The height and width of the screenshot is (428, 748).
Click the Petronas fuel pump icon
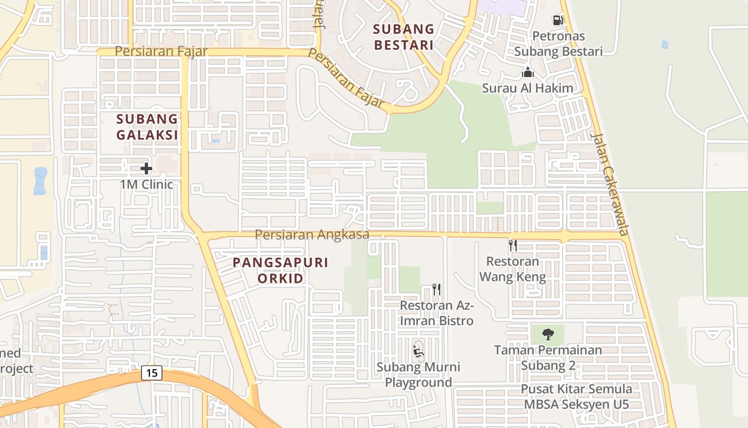(x=558, y=20)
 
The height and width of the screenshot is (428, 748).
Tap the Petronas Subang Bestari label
(x=558, y=44)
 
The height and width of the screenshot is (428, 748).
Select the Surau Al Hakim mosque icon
(x=528, y=72)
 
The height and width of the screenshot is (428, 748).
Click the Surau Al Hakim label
(x=527, y=88)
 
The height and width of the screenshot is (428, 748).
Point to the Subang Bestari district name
(x=403, y=36)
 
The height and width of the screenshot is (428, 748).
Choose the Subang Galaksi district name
(x=147, y=127)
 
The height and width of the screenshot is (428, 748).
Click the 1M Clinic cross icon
(x=146, y=169)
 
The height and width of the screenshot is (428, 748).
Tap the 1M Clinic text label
(x=146, y=185)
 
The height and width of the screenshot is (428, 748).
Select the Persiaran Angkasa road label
(x=311, y=234)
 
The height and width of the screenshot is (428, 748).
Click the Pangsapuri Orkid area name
(x=280, y=270)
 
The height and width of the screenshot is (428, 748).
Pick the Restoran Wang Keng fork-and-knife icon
(x=512, y=246)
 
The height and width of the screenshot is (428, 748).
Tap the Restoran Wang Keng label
(x=512, y=269)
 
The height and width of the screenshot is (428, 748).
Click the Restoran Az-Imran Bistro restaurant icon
(x=437, y=289)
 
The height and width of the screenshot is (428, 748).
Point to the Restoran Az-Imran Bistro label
(x=437, y=313)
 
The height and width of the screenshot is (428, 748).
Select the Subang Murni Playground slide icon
(x=418, y=351)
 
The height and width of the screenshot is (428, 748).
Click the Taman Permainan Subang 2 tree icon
(x=548, y=334)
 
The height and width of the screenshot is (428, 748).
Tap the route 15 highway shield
(x=152, y=373)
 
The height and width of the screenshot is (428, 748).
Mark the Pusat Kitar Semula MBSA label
(x=576, y=397)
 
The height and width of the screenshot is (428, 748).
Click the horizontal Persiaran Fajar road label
(x=152, y=51)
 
